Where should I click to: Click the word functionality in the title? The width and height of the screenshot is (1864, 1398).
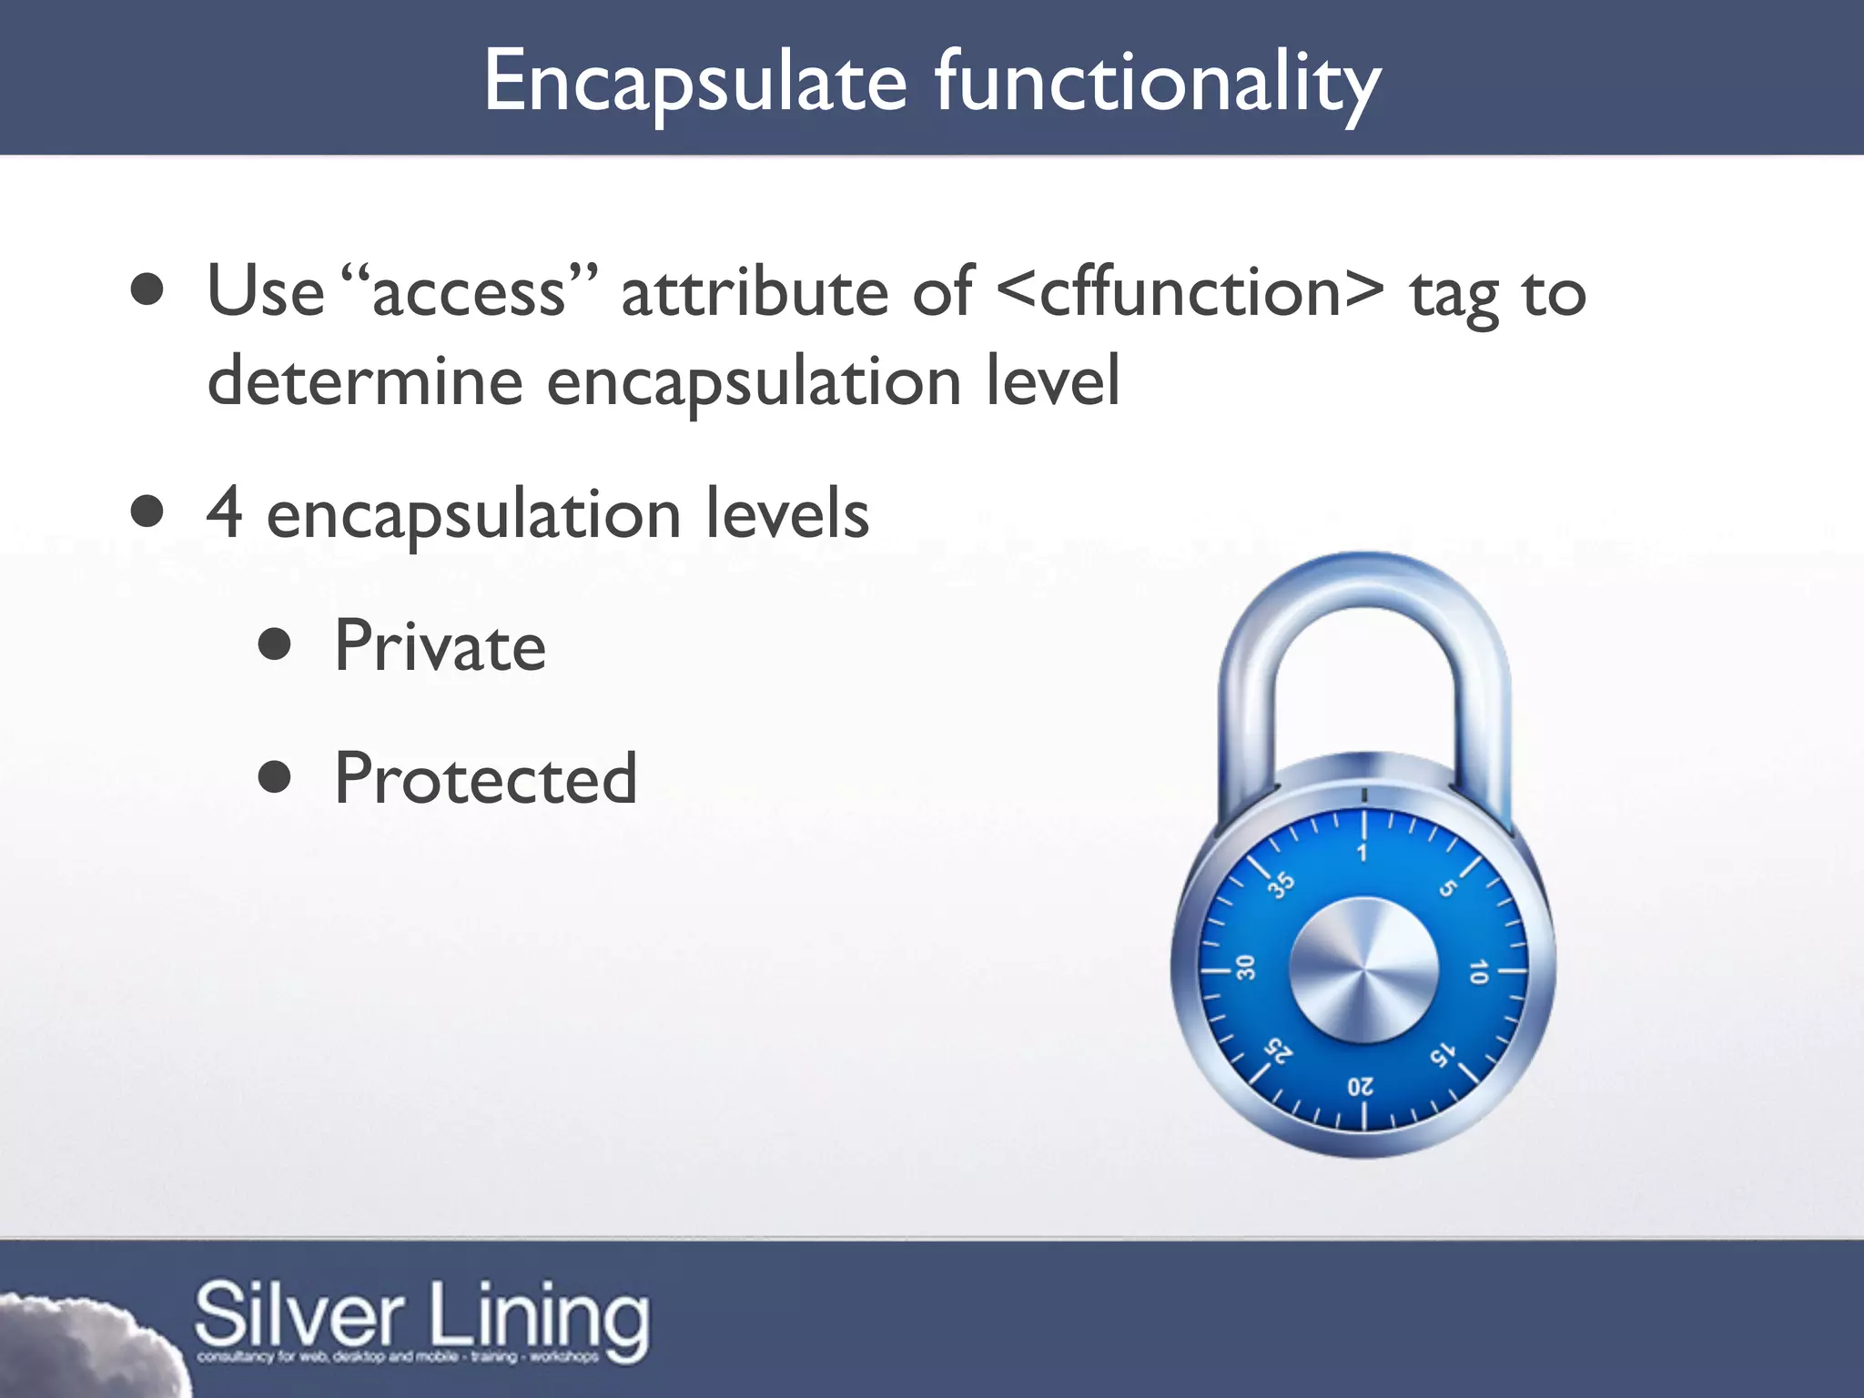click(x=1158, y=84)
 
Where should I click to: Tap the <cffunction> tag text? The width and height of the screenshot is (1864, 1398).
click(x=1190, y=293)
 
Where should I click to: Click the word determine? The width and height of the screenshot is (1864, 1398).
click(x=365, y=381)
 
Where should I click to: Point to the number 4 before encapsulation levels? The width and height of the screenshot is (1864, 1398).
click(x=224, y=512)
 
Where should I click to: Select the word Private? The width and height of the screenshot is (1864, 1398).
click(x=440, y=646)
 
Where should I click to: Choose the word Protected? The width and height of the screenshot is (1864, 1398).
click(x=485, y=779)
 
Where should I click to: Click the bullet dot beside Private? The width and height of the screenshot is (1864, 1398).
click(x=274, y=644)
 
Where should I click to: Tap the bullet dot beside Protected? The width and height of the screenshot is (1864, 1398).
click(x=274, y=777)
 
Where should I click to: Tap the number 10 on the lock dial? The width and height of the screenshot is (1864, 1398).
click(x=1478, y=972)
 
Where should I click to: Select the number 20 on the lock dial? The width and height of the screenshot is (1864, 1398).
click(x=1361, y=1087)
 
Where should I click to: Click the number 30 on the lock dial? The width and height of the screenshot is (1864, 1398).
click(x=1246, y=967)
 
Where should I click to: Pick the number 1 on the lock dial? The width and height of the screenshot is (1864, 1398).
click(x=1363, y=853)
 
